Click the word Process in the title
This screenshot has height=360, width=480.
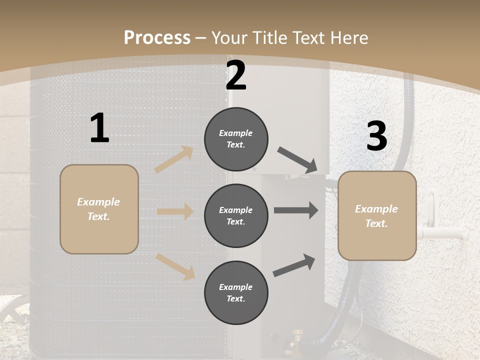157,38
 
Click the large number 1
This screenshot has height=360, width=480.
99,128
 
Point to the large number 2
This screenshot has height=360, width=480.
236,76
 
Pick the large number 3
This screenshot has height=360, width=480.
376,136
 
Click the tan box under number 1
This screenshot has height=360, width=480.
99,209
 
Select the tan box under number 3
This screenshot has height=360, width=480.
377,215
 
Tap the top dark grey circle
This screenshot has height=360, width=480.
236,139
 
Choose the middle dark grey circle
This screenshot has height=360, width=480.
236,215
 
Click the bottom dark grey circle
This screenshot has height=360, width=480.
236,292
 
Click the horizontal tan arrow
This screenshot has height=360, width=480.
175,211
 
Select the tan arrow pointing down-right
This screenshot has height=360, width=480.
175,266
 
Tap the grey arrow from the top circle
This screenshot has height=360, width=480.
297,160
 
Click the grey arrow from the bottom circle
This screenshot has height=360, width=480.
294,265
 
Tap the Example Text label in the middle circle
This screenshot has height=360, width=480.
236,215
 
